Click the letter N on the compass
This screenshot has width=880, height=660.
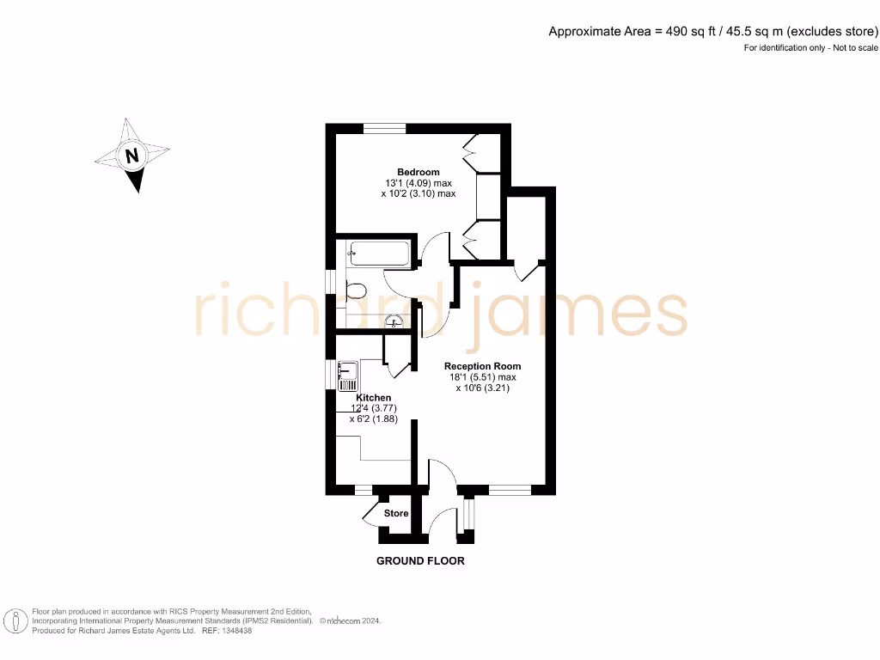tap(131, 156)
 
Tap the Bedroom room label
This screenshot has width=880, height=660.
tap(418, 172)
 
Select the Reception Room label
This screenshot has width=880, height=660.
tap(482, 366)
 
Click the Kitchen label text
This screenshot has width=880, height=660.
tap(374, 398)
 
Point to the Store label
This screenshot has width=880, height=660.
tap(396, 513)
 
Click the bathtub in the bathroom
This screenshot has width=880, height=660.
tap(378, 254)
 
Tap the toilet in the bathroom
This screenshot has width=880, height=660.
tap(355, 290)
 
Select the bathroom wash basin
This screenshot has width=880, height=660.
tap(394, 322)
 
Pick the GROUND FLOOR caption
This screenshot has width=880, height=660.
tap(420, 561)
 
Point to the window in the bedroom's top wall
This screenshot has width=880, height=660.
tap(384, 129)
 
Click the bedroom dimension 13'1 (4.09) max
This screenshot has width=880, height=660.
tap(419, 183)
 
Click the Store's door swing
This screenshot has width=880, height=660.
tap(373, 514)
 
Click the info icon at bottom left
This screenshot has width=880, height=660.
tap(15, 620)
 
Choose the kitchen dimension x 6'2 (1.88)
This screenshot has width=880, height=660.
tap(373, 419)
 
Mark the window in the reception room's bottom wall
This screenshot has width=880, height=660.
tap(510, 491)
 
